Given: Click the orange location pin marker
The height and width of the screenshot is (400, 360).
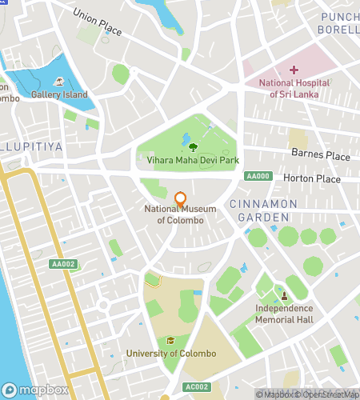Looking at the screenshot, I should point(180,198).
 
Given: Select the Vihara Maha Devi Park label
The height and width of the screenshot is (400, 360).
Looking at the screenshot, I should point(193,160).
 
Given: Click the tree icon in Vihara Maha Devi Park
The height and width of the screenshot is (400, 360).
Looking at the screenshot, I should point(193,146).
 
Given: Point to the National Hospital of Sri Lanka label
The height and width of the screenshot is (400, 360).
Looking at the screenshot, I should point(294,89).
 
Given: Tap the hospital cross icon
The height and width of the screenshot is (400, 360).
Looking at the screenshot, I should point(294,71).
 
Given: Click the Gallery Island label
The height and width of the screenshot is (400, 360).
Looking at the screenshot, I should point(59,95).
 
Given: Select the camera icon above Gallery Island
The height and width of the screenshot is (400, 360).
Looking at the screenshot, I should point(59,82).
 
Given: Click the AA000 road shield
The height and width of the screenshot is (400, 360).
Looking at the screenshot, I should point(258,176).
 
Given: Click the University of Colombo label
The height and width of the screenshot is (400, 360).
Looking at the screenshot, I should point(171,354).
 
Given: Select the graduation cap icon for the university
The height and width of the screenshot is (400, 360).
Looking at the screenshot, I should point(170,340).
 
